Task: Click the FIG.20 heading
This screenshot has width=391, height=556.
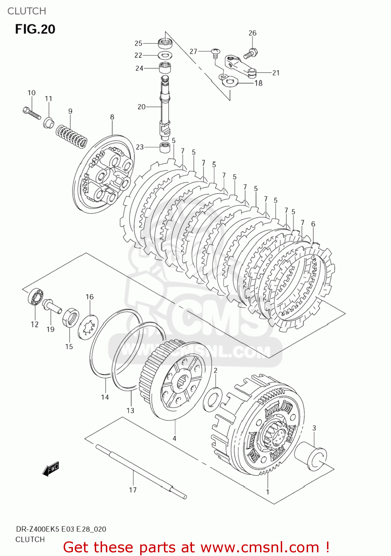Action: tap(35, 29)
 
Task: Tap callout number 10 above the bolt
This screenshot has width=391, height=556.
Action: tap(31, 93)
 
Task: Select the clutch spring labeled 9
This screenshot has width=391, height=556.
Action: tap(72, 135)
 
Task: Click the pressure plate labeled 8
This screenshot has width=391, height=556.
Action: tap(104, 174)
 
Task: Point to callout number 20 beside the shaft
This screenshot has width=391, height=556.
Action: tap(142, 107)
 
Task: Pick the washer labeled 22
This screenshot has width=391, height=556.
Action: tap(165, 56)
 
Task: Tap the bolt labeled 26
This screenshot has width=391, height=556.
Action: tap(251, 53)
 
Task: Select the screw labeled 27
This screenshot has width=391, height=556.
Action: tap(215, 53)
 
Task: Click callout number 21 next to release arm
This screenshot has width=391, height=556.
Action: tap(276, 73)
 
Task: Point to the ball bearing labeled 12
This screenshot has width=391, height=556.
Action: tap(36, 297)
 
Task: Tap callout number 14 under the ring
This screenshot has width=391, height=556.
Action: tap(105, 397)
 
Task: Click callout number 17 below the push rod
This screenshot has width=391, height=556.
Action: tap(133, 490)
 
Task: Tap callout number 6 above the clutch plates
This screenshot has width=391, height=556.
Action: tap(313, 224)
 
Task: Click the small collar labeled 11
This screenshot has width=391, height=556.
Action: tap(48, 122)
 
